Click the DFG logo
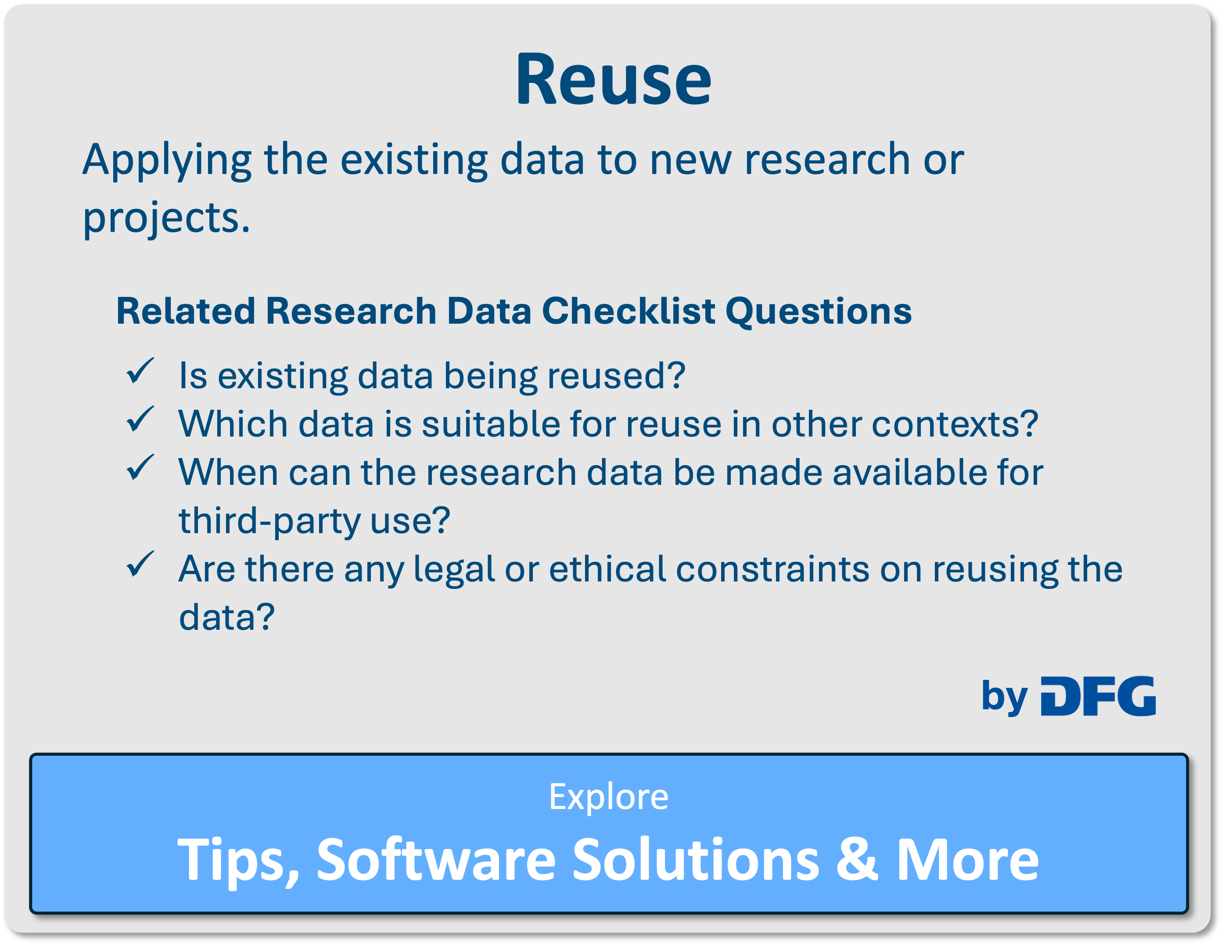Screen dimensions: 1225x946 pyautogui.click(x=1098, y=696)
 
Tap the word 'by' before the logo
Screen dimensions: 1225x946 pyautogui.click(x=1004, y=697)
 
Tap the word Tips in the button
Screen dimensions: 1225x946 pyautogui.click(x=238, y=862)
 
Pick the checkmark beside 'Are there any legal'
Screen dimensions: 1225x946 pyautogui.click(x=140, y=564)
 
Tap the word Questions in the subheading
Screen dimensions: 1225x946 pyautogui.click(x=819, y=312)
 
